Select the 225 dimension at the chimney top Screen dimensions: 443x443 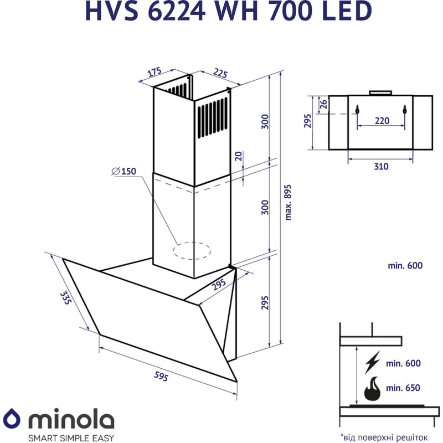click(x=220, y=74)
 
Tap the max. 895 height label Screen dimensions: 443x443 click(x=287, y=202)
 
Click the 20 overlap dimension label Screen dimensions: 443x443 click(x=238, y=156)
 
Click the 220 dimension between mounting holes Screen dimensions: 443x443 click(x=382, y=120)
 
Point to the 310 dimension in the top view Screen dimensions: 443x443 click(x=380, y=166)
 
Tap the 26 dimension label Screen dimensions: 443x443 click(x=323, y=103)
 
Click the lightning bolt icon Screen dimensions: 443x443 click(x=372, y=364)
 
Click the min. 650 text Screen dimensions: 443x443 click(x=404, y=388)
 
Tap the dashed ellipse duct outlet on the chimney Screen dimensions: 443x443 click(x=192, y=250)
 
